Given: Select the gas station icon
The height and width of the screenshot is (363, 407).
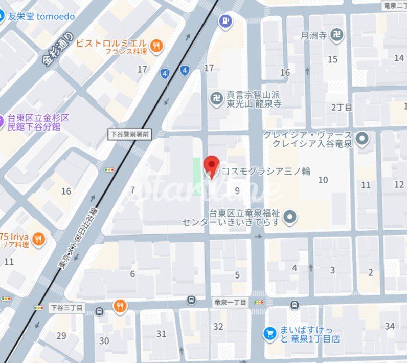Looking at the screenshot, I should click(x=225, y=22).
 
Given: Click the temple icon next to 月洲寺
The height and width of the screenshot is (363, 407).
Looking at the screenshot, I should click(x=336, y=35).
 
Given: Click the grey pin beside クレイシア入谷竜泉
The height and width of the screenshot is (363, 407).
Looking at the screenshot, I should click(x=363, y=138).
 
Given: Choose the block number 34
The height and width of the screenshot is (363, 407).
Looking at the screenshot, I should click(x=390, y=326).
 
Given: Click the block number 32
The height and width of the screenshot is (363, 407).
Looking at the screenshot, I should click(x=218, y=327).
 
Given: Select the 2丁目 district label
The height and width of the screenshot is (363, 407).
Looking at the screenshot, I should click(x=342, y=107).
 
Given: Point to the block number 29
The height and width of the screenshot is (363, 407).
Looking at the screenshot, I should click(x=61, y=336).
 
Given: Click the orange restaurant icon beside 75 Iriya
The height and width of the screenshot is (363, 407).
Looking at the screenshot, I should click(x=38, y=238).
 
